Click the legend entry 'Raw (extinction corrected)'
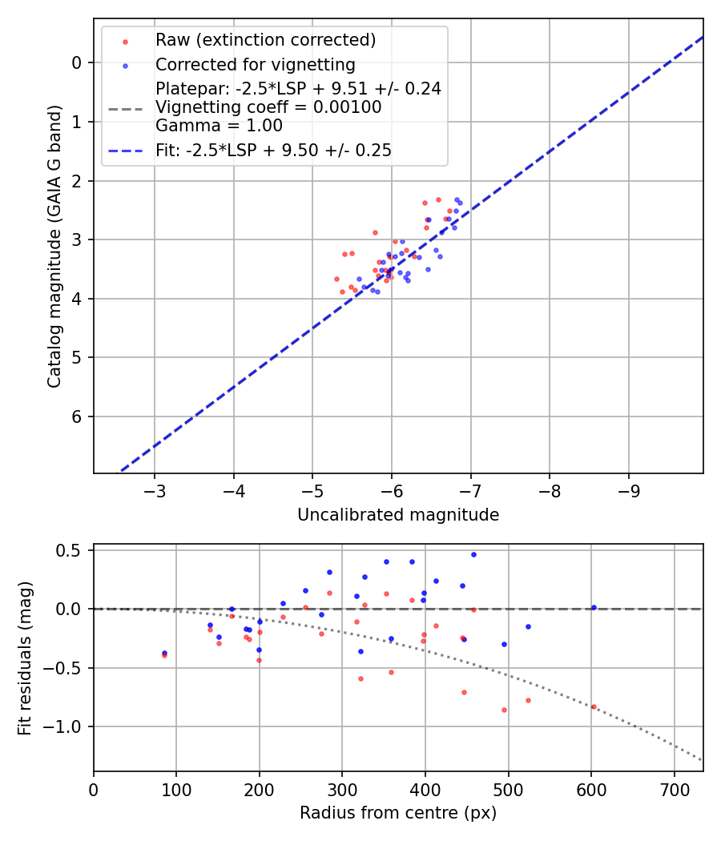point(265,40)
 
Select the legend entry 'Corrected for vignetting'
point(255,64)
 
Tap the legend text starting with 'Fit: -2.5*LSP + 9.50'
point(273,150)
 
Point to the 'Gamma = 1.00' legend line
point(219,125)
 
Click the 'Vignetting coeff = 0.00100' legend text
point(268,107)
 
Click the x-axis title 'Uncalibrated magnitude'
point(398,515)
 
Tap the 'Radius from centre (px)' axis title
point(398,813)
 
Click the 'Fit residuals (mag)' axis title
point(25,658)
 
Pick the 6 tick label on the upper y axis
point(78,416)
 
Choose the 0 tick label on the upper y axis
point(78,62)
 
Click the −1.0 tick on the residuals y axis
point(66,726)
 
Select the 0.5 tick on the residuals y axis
point(72,550)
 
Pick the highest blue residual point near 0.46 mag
point(473,554)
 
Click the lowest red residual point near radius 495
point(504,710)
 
